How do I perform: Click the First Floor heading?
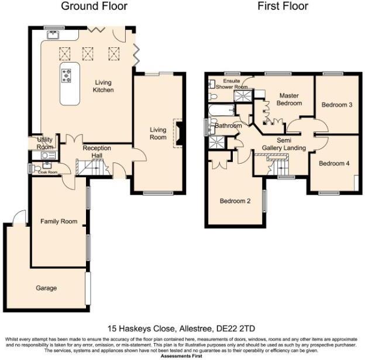pyautogui.click(x=283, y=6)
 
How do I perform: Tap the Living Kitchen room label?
pyautogui.click(x=103, y=86)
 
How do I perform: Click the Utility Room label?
pyautogui.click(x=45, y=144)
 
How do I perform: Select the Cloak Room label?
pyautogui.click(x=47, y=172)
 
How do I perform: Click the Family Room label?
pyautogui.click(x=58, y=221)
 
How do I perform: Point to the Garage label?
pyautogui.click(x=46, y=288)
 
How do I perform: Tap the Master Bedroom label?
pyautogui.click(x=290, y=99)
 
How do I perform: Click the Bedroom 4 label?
pyautogui.click(x=334, y=164)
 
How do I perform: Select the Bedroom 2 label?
pyautogui.click(x=235, y=201)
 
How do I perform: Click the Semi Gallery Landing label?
pyautogui.click(x=284, y=144)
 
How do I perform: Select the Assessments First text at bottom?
pyautogui.click(x=182, y=355)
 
